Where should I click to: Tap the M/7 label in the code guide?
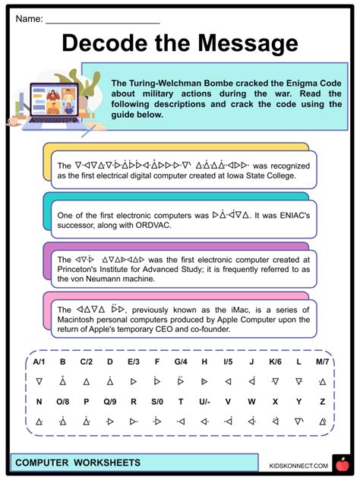[322, 362]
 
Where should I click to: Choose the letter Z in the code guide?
[322, 400]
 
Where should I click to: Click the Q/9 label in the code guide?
[109, 400]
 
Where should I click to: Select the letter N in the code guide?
[39, 400]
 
